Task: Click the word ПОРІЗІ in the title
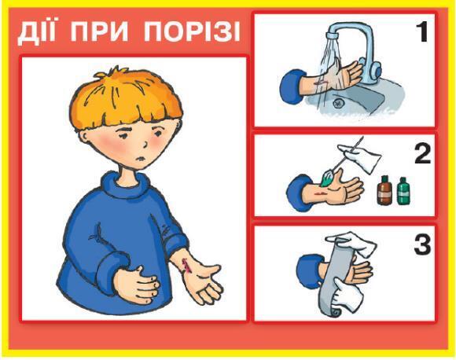pos(193,31)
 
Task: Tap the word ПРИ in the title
pos(99,31)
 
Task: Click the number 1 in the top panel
pos(421,31)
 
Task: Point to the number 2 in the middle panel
pos(422,154)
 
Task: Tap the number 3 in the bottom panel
pos(422,245)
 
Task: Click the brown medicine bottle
pos(384,190)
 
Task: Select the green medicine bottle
pos(403,191)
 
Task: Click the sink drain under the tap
pos(339,103)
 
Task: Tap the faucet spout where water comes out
pos(333,35)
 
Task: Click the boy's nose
pos(145,143)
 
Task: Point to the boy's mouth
pos(141,159)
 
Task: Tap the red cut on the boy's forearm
pos(186,265)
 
